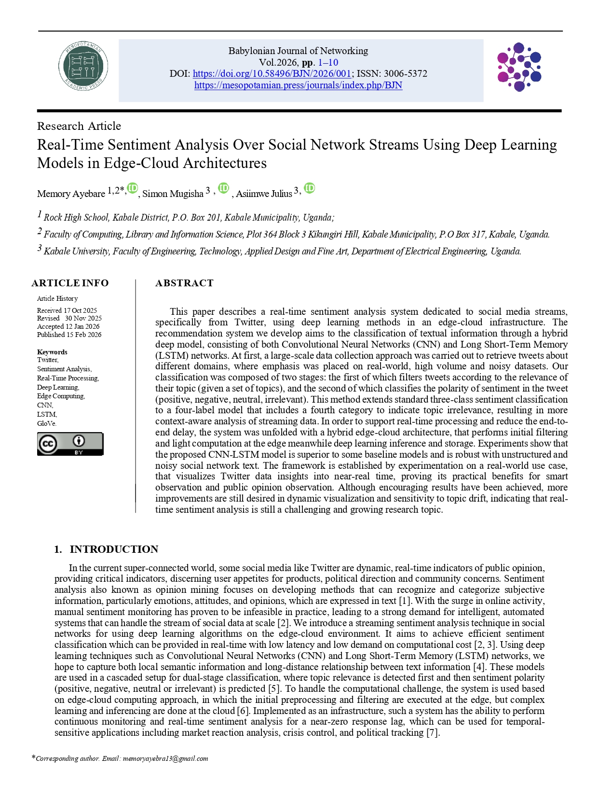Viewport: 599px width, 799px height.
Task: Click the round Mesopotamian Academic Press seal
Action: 83,66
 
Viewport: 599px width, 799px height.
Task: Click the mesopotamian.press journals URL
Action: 298,85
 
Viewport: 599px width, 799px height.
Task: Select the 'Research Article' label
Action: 79,126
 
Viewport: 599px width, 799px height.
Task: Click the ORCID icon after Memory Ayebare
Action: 132,188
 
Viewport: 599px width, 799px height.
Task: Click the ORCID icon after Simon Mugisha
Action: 223,188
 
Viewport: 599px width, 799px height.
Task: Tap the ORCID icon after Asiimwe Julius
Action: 309,188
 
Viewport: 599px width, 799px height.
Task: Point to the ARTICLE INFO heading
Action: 70,283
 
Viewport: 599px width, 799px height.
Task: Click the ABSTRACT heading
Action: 184,283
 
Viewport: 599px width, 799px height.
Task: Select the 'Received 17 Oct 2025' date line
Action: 67,310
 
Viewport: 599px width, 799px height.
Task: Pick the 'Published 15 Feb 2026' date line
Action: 69,335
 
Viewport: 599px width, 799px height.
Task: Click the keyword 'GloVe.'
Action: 47,423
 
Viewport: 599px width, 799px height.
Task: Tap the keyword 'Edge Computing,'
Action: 61,396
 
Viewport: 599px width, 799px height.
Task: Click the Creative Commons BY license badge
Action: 70,444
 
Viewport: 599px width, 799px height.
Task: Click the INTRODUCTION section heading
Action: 114,549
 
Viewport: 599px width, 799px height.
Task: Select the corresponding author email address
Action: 165,758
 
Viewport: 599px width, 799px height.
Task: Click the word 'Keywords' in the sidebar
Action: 52,352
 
